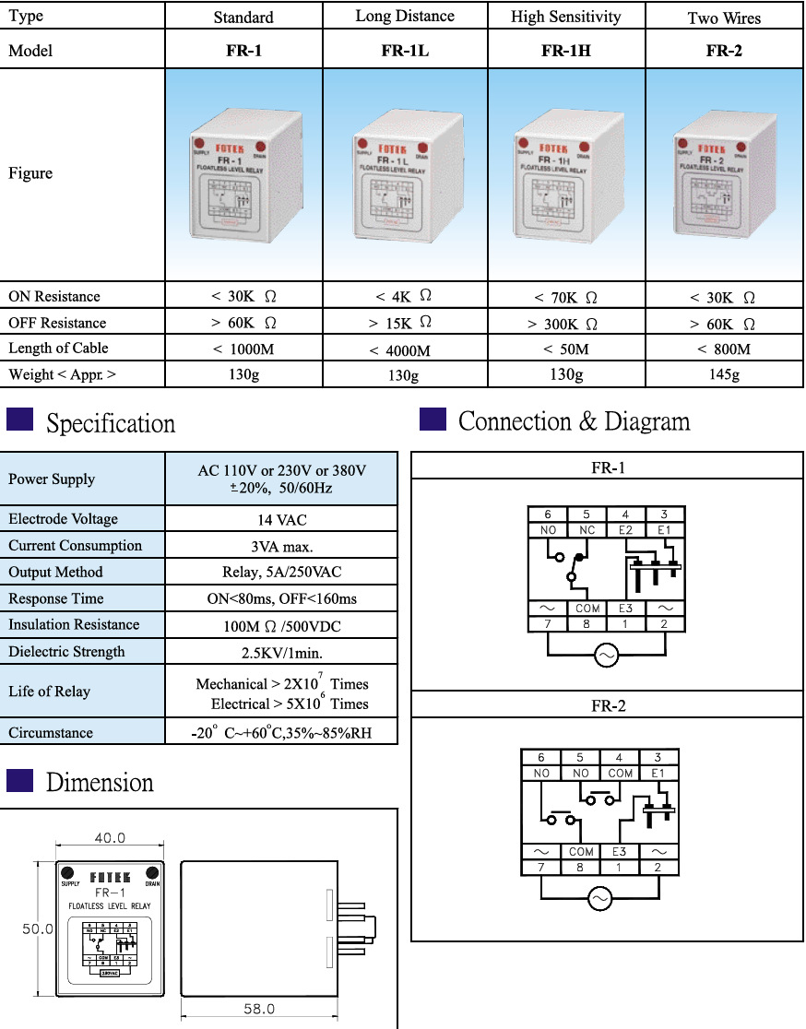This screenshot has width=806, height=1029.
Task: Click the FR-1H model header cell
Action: [565, 52]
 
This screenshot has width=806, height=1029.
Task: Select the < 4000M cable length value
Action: [400, 350]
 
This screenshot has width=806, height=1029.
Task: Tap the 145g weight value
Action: [723, 374]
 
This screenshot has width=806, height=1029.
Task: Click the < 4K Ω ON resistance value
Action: [403, 297]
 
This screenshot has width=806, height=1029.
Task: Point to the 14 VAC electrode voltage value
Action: [281, 519]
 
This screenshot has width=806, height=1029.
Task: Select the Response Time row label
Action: [56, 598]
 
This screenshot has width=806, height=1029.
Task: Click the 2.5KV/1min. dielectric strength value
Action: [281, 652]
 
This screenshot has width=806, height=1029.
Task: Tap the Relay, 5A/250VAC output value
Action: [281, 572]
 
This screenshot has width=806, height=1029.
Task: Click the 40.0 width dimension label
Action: [109, 838]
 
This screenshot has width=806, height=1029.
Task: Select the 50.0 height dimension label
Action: [38, 929]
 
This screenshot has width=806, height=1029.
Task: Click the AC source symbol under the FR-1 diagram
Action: [607, 655]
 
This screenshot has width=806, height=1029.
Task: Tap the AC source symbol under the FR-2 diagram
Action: [600, 898]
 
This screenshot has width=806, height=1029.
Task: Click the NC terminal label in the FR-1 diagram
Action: [587, 530]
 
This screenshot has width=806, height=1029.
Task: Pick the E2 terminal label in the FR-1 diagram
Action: [625, 530]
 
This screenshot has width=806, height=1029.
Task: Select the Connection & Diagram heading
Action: [574, 422]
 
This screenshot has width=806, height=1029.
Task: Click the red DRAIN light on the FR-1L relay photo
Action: [421, 147]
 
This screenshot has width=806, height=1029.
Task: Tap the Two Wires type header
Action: [724, 18]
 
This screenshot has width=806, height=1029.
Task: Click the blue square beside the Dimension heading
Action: [19, 780]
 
